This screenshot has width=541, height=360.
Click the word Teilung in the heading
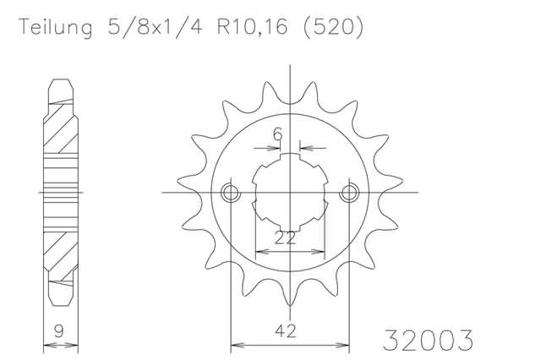pos(56,27)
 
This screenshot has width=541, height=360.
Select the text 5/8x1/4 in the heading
pos(156,26)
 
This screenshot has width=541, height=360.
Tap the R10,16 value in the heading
pos(252,26)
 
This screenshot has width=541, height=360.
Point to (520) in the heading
pos(333,26)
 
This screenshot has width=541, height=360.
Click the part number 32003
pos(428,341)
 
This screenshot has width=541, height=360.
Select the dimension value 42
pos(286,331)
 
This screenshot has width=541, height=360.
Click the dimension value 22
pos(285,238)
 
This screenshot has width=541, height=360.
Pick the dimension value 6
pos(278,134)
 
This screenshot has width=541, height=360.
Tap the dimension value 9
pos(59,331)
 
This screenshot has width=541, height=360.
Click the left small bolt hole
pos(231,193)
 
